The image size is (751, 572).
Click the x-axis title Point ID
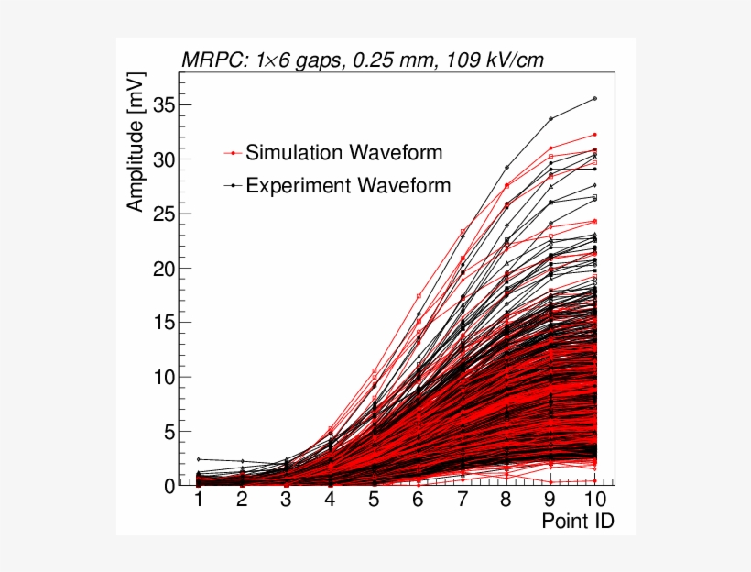coord(577,521)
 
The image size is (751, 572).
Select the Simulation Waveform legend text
coord(343,152)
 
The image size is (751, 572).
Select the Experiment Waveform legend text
coord(348,185)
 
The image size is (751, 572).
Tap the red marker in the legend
coord(234,153)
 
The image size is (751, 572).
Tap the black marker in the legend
coord(234,186)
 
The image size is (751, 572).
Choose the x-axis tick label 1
coord(198,499)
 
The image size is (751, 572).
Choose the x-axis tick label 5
coord(375,499)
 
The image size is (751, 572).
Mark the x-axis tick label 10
coord(594,499)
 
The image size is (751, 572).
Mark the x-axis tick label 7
coord(463,499)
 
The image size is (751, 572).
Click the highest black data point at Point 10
coord(595,98)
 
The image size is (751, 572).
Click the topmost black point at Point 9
coord(550,118)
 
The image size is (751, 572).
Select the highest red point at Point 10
coord(595,135)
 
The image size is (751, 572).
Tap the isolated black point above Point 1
coord(198,459)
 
